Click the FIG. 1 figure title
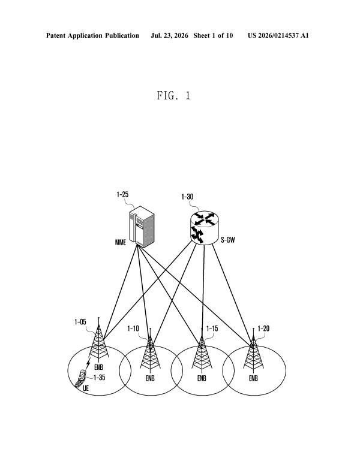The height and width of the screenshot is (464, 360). [x=174, y=95]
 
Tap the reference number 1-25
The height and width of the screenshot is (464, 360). [x=122, y=194]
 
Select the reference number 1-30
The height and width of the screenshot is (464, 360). [x=187, y=197]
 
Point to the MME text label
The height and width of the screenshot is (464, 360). [x=121, y=242]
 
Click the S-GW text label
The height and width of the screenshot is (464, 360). [x=227, y=240]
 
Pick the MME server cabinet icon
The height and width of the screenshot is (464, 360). [x=142, y=227]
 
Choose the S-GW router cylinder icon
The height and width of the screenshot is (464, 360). [x=205, y=228]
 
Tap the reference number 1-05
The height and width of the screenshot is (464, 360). [x=80, y=322]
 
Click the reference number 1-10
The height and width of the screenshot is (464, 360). [x=133, y=329]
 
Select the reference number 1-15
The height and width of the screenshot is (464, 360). [x=212, y=329]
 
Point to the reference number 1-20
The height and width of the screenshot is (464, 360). [x=263, y=329]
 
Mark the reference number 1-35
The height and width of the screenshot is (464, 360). [x=99, y=378]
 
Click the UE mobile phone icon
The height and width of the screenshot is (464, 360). [x=80, y=378]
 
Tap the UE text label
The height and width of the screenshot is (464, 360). [x=86, y=388]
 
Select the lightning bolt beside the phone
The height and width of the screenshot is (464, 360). [x=88, y=363]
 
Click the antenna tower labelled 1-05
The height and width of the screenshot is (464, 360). [x=98, y=340]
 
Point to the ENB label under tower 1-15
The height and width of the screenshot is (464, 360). [x=202, y=378]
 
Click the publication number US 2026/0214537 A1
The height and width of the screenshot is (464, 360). [x=278, y=35]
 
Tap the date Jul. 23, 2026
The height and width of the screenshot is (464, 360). [x=169, y=35]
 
